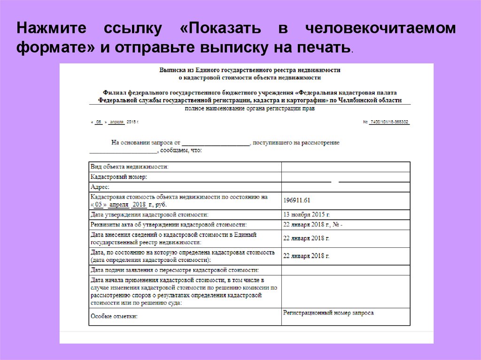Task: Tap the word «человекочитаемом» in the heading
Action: pyautogui.click(x=381, y=28)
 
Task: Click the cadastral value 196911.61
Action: pyautogui.click(x=297, y=200)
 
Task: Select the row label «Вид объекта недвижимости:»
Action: pyautogui.click(x=129, y=167)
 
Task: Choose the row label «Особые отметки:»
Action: pyautogui.click(x=114, y=317)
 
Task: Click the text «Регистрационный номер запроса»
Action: pyautogui.click(x=328, y=313)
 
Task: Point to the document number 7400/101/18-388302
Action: pyautogui.click(x=389, y=122)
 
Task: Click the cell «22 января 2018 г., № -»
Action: pyautogui.click(x=313, y=225)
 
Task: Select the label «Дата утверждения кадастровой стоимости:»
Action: pyautogui.click(x=149, y=214)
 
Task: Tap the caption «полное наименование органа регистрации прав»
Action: pyautogui.click(x=250, y=108)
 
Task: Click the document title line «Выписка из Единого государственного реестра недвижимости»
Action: pyautogui.click(x=250, y=69)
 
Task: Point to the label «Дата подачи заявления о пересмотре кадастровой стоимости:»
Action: pyautogui.click(x=175, y=270)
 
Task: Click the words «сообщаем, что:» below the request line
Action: pyautogui.click(x=181, y=151)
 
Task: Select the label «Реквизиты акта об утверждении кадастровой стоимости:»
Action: pyautogui.click(x=168, y=225)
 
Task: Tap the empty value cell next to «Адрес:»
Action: pyautogui.click(x=345, y=187)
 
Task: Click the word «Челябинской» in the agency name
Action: pyautogui.click(x=362, y=100)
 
